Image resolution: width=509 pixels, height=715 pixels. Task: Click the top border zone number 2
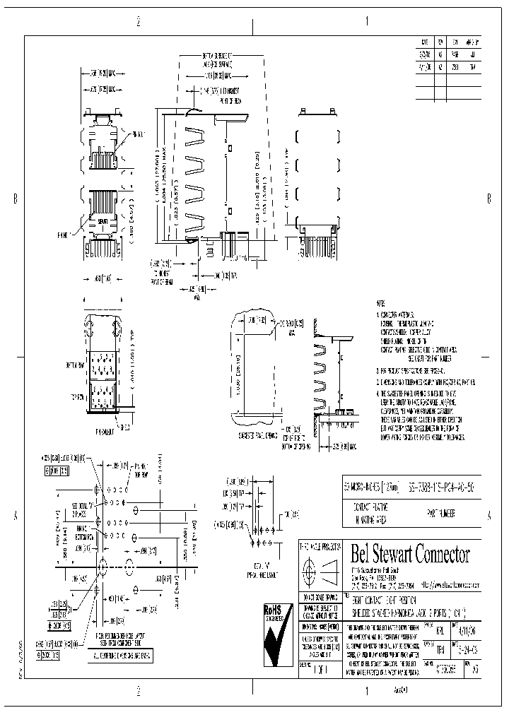(139, 22)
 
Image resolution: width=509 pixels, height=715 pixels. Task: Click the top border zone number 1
(368, 22)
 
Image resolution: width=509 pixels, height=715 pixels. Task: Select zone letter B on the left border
(16, 199)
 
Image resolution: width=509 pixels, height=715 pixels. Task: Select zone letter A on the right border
(489, 516)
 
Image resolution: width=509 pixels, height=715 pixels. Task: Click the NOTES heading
(382, 302)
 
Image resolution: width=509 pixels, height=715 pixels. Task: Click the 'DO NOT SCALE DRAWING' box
(320, 598)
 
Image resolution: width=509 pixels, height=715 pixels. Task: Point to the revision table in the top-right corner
(449, 68)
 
